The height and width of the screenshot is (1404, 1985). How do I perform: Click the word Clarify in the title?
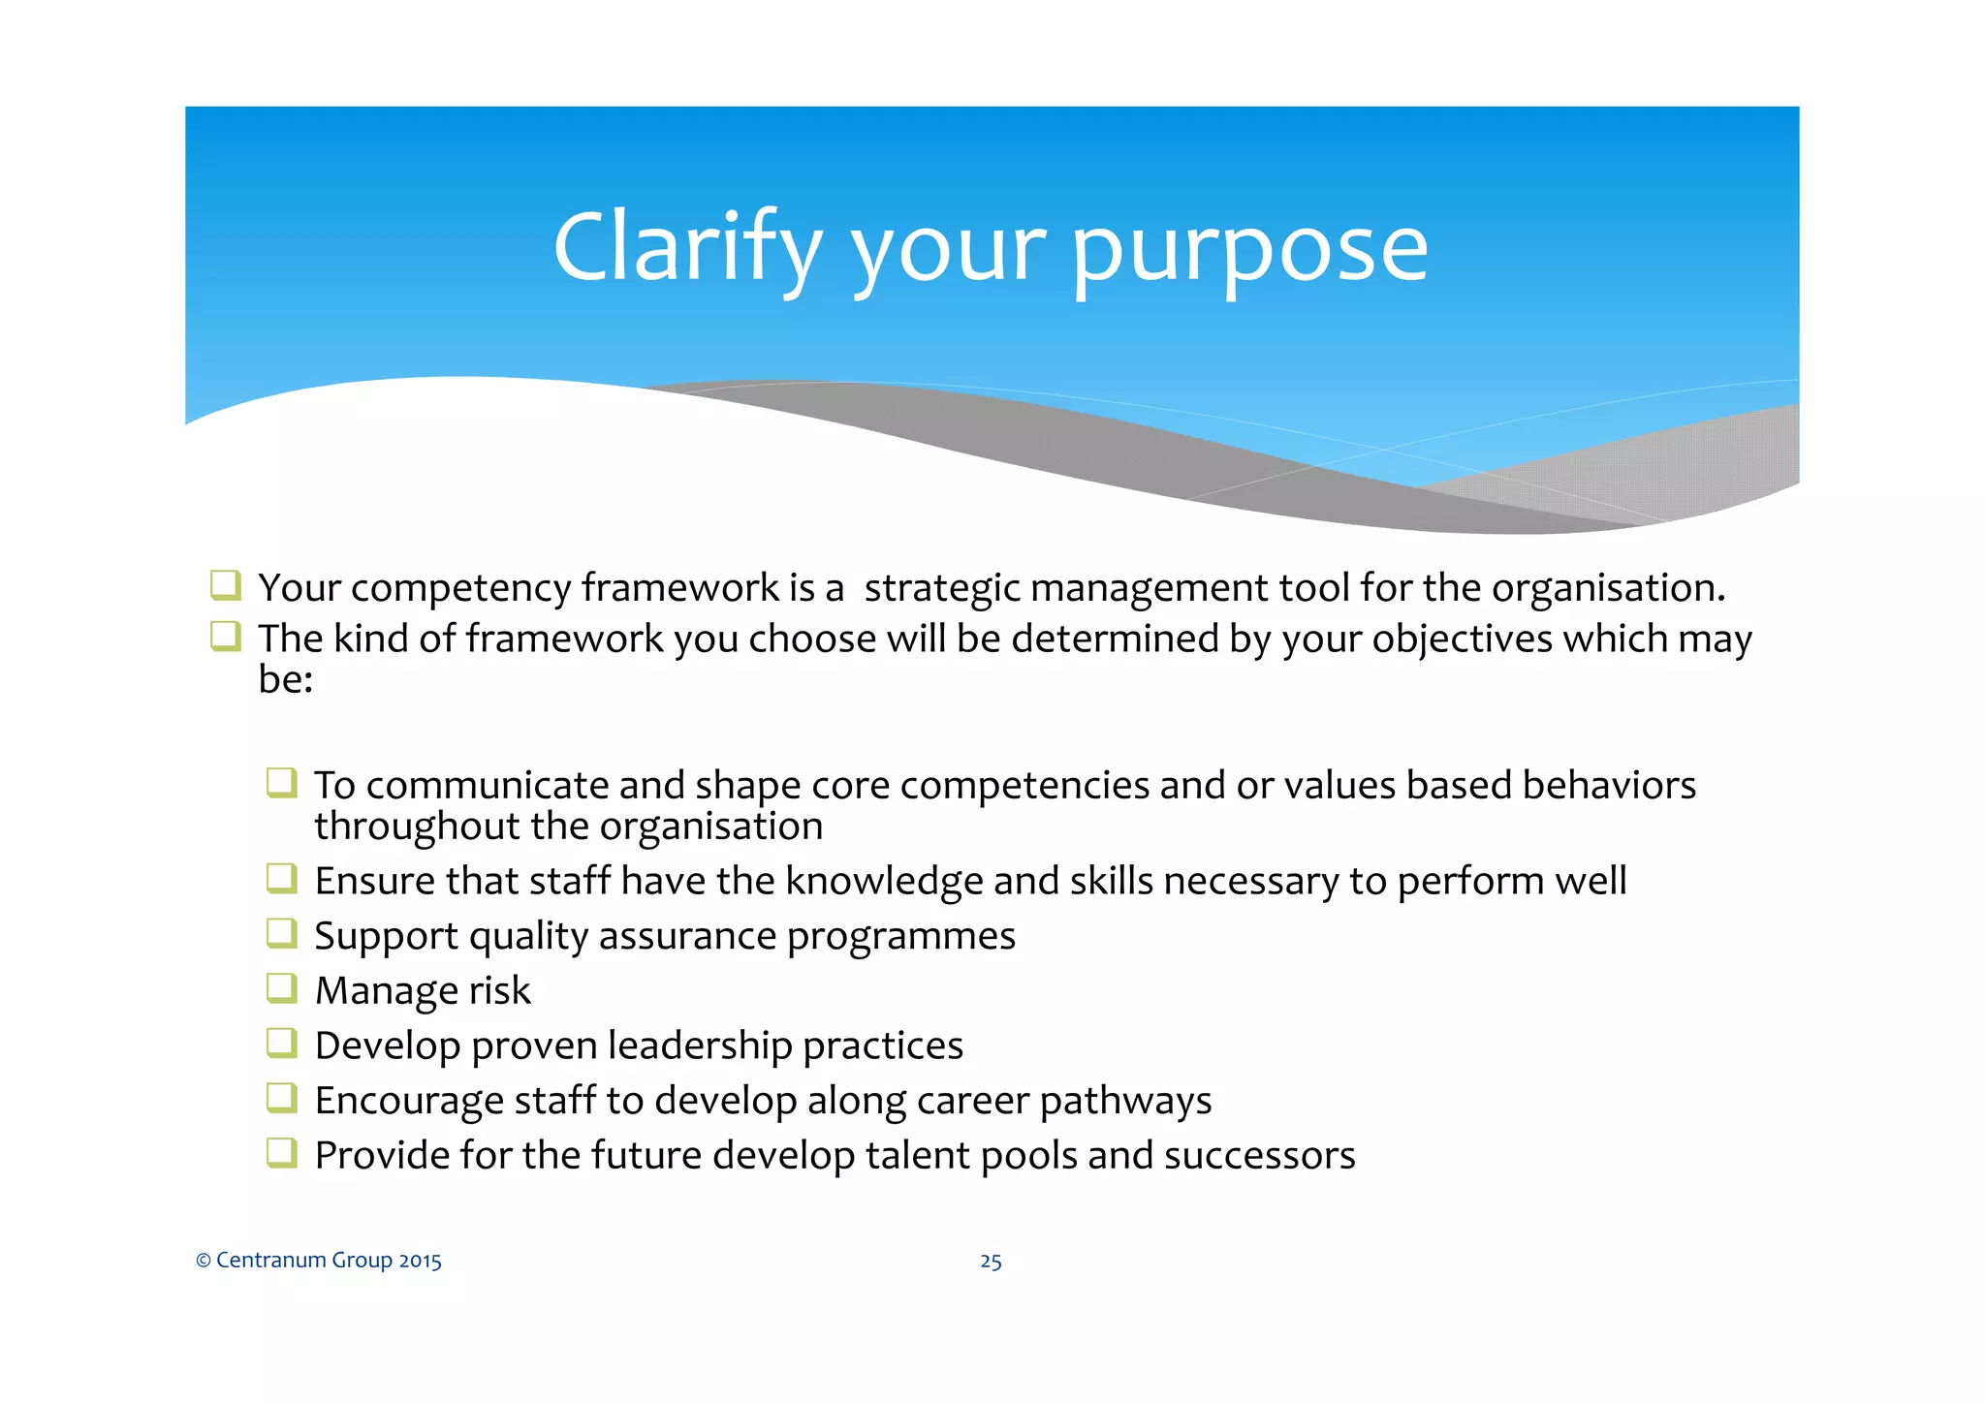(x=686, y=248)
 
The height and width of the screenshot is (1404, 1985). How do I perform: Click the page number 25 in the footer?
(x=991, y=1261)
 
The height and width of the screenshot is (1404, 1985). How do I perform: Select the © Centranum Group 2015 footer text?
(x=319, y=1260)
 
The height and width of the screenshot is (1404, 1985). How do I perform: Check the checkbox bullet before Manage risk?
(x=281, y=988)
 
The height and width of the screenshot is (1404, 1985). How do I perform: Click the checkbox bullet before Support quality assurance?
(x=281, y=933)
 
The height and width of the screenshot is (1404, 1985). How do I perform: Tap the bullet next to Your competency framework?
(x=225, y=585)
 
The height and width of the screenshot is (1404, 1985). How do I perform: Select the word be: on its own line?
(x=285, y=679)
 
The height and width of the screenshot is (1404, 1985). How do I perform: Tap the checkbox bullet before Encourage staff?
(x=281, y=1098)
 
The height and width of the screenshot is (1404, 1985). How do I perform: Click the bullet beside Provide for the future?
(x=281, y=1153)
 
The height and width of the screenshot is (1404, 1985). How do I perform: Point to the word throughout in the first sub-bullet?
(x=417, y=827)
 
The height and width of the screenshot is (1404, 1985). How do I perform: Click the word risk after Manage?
(x=499, y=990)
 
